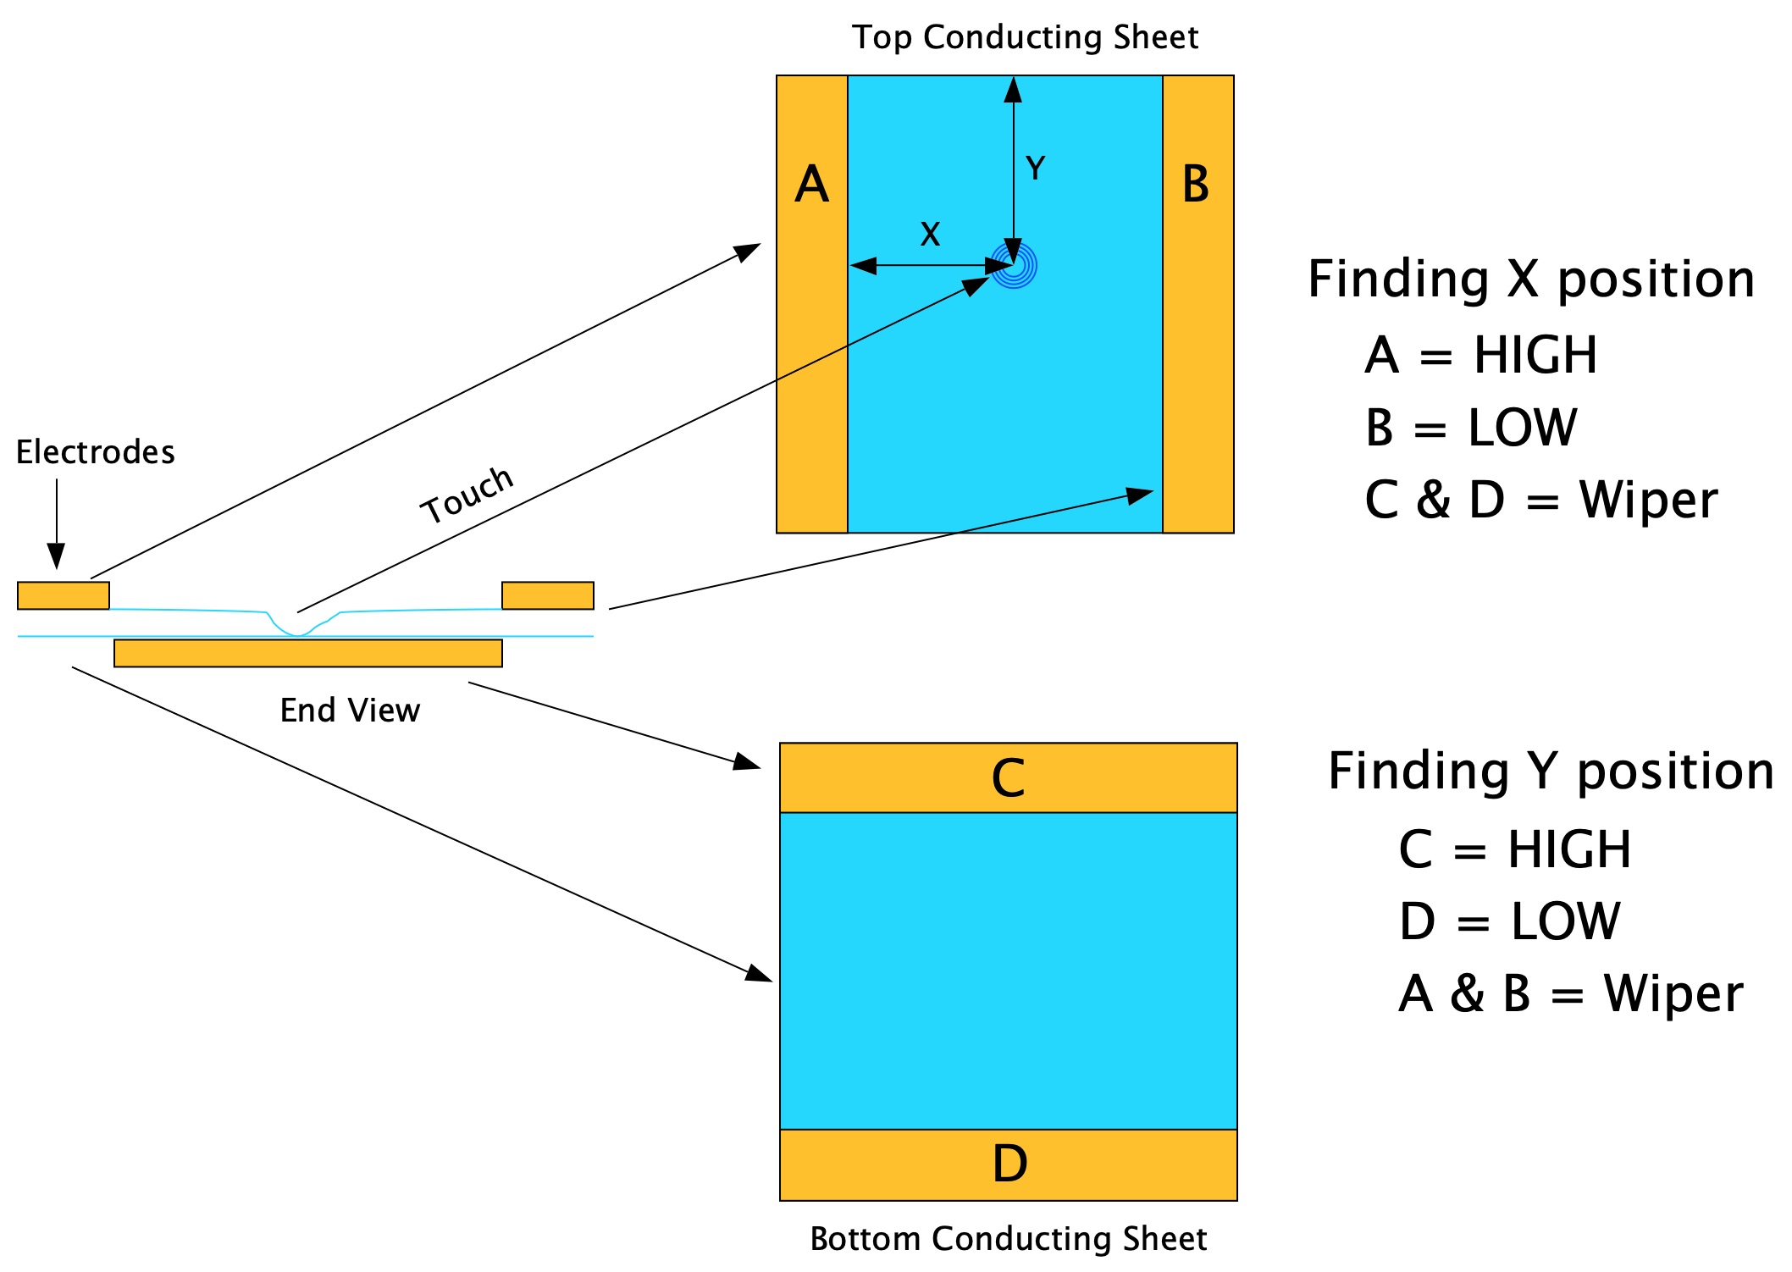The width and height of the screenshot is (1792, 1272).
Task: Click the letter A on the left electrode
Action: pos(811,185)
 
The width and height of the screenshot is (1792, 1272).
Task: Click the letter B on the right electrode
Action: pos(1195,185)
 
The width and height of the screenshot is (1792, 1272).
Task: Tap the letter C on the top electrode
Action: pos(1008,778)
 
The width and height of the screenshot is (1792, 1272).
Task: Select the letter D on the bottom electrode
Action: pos(1009,1164)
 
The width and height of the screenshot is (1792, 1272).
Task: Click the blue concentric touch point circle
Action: pos(1014,266)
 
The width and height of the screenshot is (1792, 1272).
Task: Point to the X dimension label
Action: pos(930,235)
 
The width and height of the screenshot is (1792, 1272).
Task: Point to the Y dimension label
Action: pos(1035,169)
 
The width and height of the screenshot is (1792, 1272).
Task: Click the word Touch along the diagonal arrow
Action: pos(467,495)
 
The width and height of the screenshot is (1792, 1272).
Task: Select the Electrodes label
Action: pos(95,452)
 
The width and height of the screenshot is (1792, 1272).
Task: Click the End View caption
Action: pos(350,711)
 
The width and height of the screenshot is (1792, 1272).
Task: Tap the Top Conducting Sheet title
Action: pos(1025,37)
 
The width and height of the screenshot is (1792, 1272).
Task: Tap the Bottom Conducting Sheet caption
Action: pos(1008,1239)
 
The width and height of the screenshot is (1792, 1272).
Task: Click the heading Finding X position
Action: pos(1530,279)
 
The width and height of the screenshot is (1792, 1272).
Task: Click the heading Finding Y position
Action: pos(1550,771)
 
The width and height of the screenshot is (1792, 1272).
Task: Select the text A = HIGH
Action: pos(1480,355)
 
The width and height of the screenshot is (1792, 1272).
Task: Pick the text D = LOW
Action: pos(1509,921)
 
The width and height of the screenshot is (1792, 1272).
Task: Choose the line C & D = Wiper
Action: pos(1540,500)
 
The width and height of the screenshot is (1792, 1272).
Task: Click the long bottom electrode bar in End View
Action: pos(308,654)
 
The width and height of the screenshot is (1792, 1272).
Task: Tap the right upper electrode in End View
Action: pos(548,595)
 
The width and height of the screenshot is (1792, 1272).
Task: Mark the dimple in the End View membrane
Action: pos(298,628)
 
